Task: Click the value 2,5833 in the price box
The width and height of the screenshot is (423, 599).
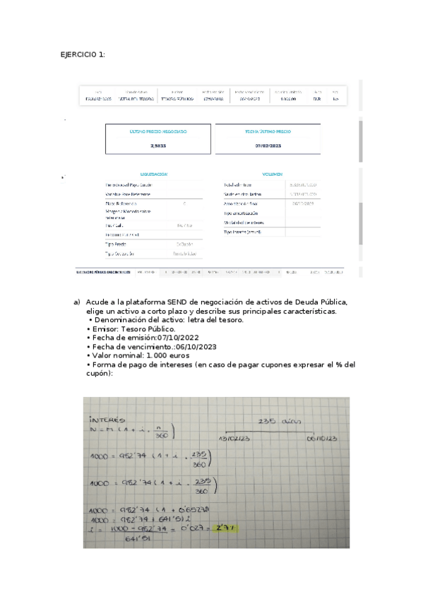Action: [x=158, y=145]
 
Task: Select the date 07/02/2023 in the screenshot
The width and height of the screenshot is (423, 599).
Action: [x=268, y=145]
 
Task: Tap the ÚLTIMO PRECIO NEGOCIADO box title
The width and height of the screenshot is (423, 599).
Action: [x=158, y=131]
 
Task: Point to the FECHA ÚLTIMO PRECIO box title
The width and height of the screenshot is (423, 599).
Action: [x=268, y=131]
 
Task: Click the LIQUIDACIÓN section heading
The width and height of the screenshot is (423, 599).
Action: [x=154, y=174]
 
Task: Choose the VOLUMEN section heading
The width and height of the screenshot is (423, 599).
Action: [x=272, y=174]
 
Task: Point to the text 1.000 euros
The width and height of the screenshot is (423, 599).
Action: [x=164, y=355]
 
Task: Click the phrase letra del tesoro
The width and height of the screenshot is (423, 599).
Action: [x=212, y=320]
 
